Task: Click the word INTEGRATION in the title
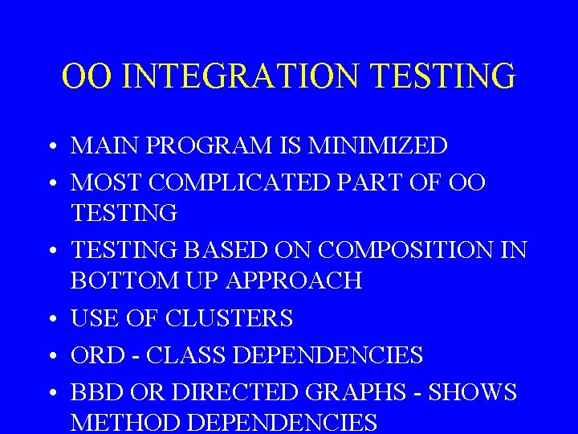click(x=242, y=76)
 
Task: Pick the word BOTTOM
click(x=116, y=280)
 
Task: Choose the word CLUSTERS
click(x=229, y=318)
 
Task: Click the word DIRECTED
click(x=214, y=392)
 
